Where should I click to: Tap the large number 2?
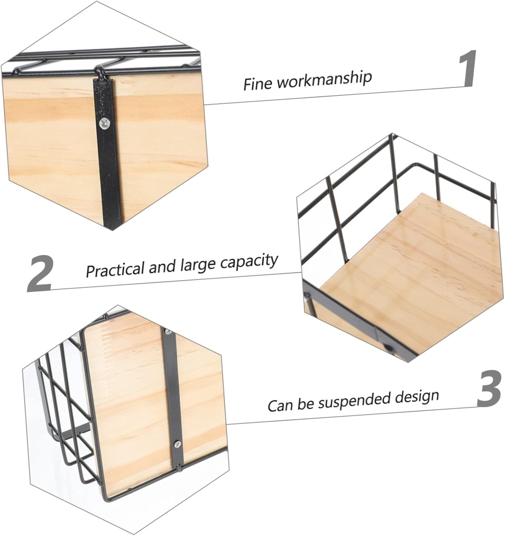pos(40,273)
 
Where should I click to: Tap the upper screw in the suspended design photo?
pos(167,332)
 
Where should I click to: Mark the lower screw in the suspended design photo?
pos(177,444)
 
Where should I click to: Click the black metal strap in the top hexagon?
pos(109,167)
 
